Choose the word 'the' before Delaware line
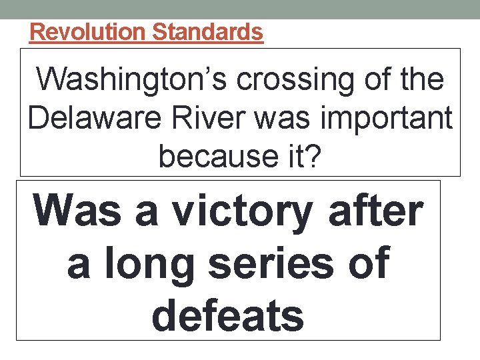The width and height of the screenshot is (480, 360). [x=421, y=79]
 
